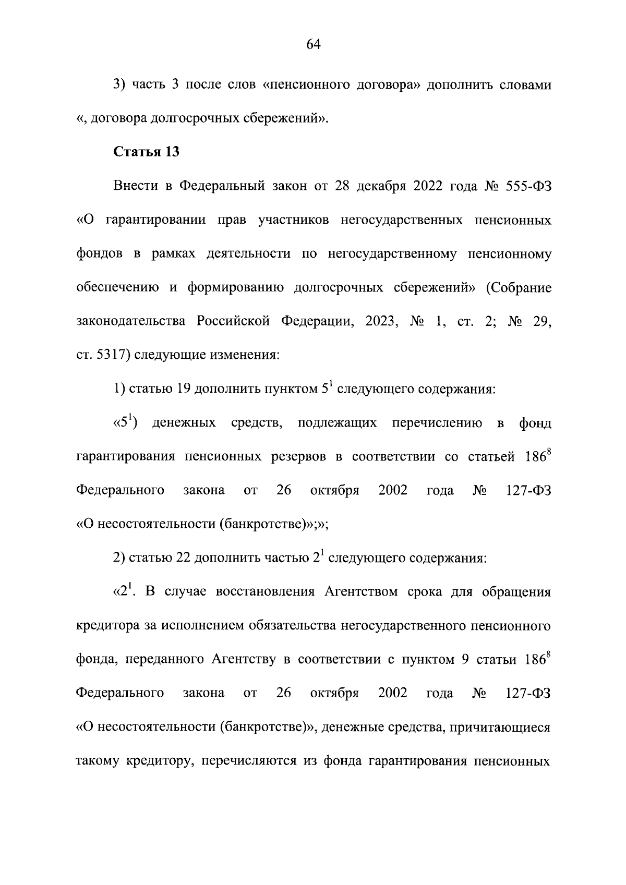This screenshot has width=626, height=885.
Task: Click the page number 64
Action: click(x=313, y=45)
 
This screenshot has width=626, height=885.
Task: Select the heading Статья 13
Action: click(x=147, y=152)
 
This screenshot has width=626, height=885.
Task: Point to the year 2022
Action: click(x=432, y=186)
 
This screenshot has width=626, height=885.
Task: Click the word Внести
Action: click(x=136, y=186)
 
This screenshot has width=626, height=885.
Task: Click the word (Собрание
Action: click(x=519, y=288)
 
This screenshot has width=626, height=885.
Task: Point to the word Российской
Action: click(x=233, y=321)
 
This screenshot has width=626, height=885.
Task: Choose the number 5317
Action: click(x=113, y=355)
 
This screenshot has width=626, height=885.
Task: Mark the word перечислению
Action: click(x=437, y=423)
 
